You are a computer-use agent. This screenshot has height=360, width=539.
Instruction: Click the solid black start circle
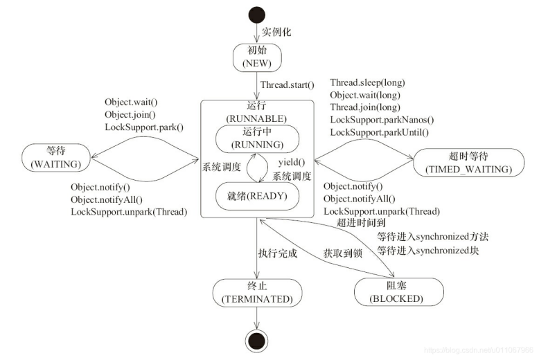(x=257, y=14)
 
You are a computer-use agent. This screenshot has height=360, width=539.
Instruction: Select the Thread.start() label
(x=287, y=86)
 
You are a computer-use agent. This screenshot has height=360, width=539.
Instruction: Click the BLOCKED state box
(x=398, y=292)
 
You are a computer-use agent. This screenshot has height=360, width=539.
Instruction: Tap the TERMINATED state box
(x=257, y=292)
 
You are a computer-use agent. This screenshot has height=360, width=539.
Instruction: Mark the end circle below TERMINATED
(x=257, y=341)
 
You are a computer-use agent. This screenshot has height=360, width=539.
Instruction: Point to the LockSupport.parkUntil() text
(x=379, y=132)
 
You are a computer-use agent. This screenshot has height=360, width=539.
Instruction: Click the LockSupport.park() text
(x=144, y=127)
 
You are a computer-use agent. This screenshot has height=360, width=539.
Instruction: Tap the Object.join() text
(x=130, y=114)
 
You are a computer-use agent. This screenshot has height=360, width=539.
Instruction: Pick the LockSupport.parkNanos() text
(x=382, y=120)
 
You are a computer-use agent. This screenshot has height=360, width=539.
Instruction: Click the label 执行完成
(x=277, y=253)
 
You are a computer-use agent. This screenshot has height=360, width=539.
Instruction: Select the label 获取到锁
(x=343, y=253)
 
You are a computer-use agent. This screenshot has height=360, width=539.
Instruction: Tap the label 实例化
(x=276, y=33)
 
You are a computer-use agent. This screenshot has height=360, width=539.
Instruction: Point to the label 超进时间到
(x=361, y=223)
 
